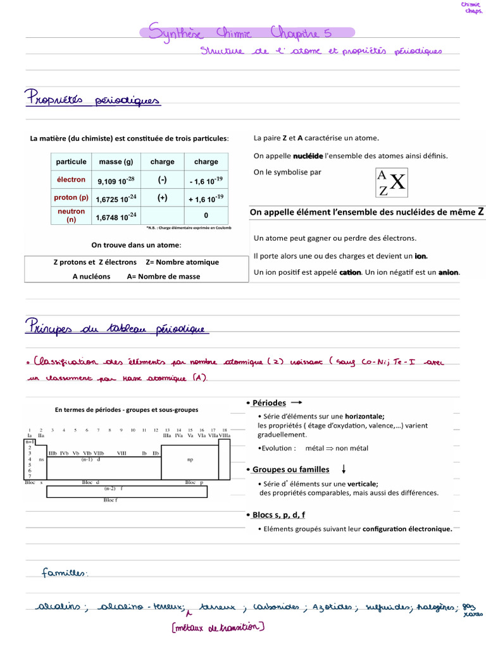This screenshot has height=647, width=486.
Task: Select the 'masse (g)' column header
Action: (116, 162)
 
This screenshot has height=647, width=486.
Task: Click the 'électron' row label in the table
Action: (71, 180)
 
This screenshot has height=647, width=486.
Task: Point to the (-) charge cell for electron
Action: (162, 180)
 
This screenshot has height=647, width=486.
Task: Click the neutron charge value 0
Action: (206, 215)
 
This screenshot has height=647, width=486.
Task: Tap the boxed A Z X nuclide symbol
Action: (392, 183)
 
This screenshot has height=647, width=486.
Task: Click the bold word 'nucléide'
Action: (308, 155)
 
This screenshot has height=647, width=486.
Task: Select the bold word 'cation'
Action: (350, 272)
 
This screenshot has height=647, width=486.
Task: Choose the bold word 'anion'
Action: (449, 272)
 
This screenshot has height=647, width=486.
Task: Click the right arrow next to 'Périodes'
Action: (297, 402)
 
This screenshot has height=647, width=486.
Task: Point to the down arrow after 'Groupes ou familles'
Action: (344, 469)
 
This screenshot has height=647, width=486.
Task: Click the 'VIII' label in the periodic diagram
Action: (121, 453)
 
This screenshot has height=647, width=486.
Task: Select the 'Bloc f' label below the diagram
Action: (110, 500)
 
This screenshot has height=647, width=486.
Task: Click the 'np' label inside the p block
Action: (190, 460)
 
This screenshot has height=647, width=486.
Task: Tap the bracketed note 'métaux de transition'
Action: (218, 627)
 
